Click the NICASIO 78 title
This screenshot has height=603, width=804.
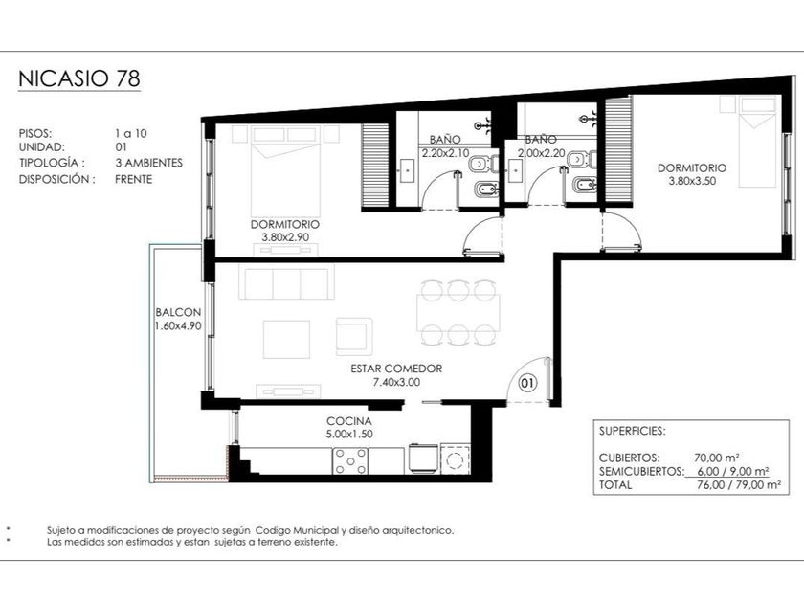click(78, 78)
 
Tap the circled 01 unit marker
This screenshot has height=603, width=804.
click(527, 383)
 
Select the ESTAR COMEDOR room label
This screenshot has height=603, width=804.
click(396, 368)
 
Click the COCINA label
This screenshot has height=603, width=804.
click(349, 421)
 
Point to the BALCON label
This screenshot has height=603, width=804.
click(178, 312)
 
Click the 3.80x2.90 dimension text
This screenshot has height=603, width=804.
click(285, 237)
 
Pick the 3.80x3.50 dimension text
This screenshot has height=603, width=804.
click(692, 181)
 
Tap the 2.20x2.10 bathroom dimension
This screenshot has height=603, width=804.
click(445, 153)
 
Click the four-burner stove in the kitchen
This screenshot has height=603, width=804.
click(350, 461)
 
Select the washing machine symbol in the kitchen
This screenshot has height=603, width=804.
click(455, 460)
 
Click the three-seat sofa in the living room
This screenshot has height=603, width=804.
click(286, 282)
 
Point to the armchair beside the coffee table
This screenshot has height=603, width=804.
click(354, 336)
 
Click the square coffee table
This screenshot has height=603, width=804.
click(286, 340)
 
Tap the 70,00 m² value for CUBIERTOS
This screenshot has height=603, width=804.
click(716, 458)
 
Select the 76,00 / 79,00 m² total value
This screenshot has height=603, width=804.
click(739, 485)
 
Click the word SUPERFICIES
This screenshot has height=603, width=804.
click(633, 431)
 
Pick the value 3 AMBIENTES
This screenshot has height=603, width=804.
click(148, 163)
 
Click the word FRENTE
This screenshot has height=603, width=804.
click(134, 179)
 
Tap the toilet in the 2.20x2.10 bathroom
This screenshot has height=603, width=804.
click(482, 164)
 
